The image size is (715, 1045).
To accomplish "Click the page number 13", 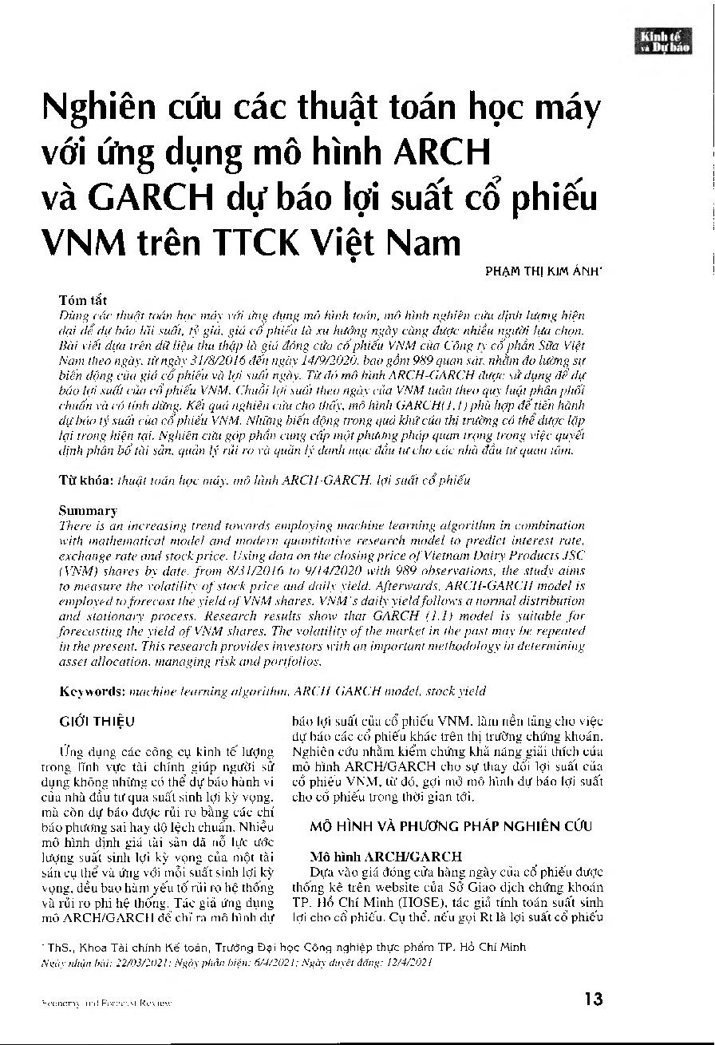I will pyautogui.click(x=593, y=999).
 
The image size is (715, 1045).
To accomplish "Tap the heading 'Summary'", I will pyautogui.click(x=89, y=510).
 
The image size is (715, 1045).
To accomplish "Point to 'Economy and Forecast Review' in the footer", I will pyautogui.click(x=99, y=1001).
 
